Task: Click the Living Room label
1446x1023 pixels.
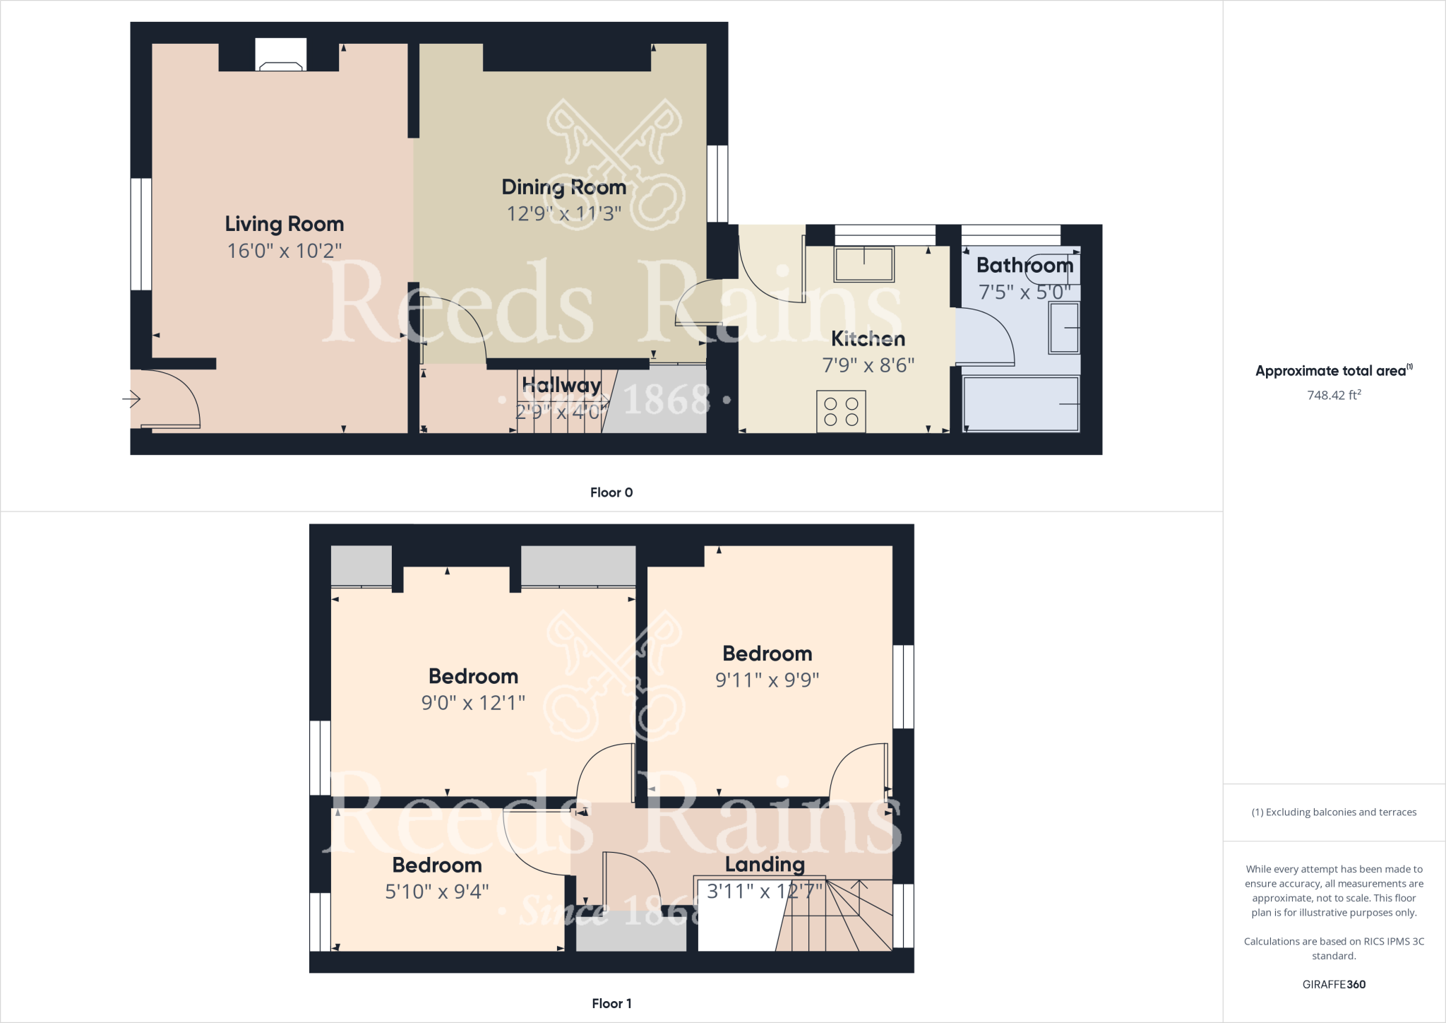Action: point(285,224)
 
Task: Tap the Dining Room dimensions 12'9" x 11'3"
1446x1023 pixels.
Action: point(563,213)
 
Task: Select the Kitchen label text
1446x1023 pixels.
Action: point(868,339)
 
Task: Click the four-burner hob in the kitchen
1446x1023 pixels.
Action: point(841,411)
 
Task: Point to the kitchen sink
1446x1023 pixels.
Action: point(864,264)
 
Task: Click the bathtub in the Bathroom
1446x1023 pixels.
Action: point(1020,403)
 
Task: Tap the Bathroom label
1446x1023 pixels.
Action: point(1024,266)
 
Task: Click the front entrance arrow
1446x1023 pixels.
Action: point(132,399)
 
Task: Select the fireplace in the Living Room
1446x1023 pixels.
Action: point(280,56)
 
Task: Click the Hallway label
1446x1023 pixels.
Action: point(561,385)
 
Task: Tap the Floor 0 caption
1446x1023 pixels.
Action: point(611,492)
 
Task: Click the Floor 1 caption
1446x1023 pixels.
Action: point(611,1003)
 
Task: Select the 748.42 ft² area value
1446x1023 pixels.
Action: point(1334,395)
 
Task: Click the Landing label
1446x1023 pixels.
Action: point(765,864)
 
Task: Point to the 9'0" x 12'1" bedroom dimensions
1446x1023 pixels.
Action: point(473,703)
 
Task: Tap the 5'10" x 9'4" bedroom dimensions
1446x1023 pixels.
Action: point(437,892)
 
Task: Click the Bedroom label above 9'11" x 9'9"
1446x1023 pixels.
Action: point(767,654)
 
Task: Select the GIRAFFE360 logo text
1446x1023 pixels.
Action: point(1334,984)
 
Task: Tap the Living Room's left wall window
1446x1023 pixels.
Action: point(141,234)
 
